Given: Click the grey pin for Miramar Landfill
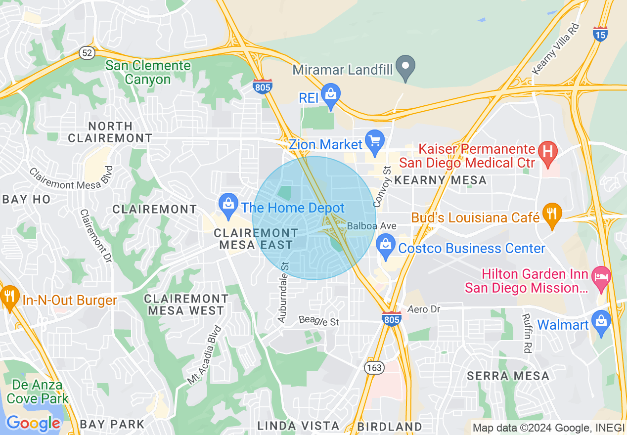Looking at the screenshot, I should coord(406,66).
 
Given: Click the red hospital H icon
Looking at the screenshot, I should coord(547,150).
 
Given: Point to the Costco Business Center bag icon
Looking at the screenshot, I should coord(385,245).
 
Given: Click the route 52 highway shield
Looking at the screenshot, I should coord(86,52).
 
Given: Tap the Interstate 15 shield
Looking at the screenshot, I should coord(600,34).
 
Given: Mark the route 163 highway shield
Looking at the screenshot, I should coord(374,367).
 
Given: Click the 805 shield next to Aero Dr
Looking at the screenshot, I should coord(391,318).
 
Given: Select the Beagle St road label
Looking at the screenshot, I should coord(319,321).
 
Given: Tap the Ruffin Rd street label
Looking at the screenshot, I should coord(527,334).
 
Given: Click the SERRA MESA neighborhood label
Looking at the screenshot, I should coord(508,376).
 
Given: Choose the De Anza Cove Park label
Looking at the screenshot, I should coord(37,391).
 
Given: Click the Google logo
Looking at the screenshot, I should coord(33,423).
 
